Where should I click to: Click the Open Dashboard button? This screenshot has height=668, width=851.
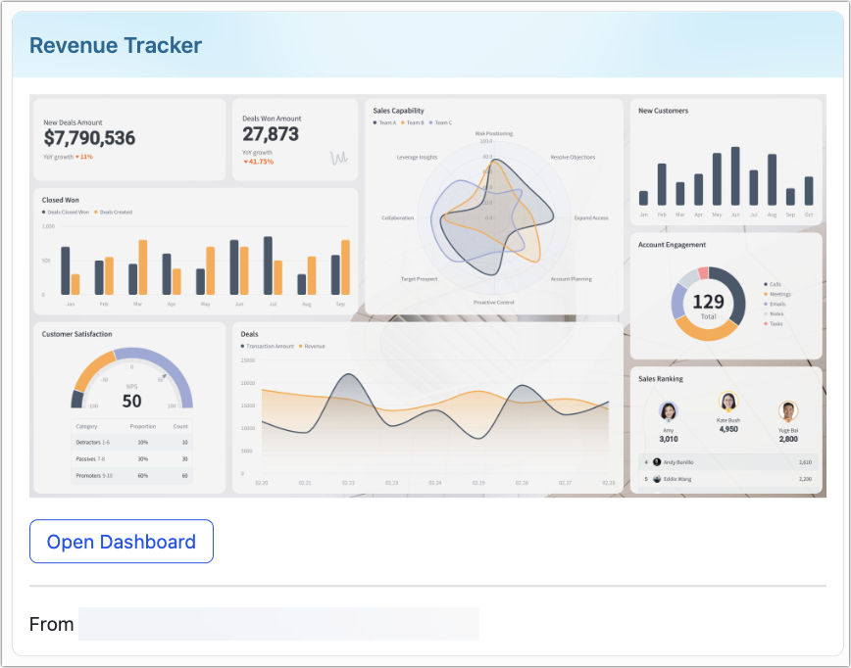[122, 542]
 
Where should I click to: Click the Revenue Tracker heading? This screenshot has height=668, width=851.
[116, 45]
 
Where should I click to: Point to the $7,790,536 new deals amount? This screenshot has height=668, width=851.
[89, 138]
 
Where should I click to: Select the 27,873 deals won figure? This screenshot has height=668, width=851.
[271, 134]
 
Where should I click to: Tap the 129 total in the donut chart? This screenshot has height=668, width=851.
[708, 302]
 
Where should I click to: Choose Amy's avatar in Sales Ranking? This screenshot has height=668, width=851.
[669, 411]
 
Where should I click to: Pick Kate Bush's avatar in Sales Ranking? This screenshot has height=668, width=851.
[728, 402]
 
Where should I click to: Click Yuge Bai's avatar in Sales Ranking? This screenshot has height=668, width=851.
[788, 411]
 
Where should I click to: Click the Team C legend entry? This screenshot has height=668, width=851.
[441, 122]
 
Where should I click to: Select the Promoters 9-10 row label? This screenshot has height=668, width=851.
[94, 475]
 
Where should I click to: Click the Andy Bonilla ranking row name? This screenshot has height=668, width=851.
[678, 461]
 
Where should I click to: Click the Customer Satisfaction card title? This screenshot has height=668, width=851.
[76, 334]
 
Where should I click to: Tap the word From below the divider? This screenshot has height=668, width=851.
[51, 624]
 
